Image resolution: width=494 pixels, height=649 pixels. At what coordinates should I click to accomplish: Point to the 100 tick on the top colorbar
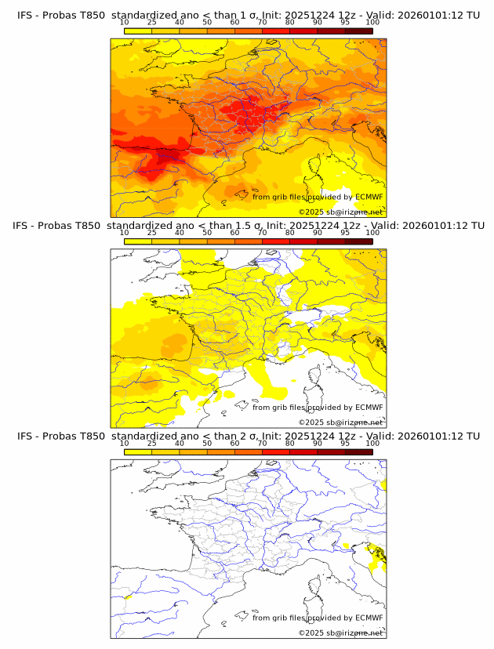[x=372, y=22]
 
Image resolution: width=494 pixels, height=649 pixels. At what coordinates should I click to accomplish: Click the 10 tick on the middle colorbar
[x=124, y=233]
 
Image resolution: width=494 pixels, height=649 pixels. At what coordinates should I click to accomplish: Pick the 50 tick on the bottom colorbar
[x=207, y=443]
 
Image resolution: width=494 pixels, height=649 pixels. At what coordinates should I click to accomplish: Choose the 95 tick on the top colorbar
[x=345, y=22]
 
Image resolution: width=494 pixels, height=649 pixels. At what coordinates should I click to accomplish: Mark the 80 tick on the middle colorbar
[x=290, y=233]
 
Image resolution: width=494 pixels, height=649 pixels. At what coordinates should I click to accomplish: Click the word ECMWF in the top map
[x=369, y=197]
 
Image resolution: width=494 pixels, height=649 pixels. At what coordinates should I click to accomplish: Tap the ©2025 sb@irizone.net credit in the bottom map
[x=340, y=633]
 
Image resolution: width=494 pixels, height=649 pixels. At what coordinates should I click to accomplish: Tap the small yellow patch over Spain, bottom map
[x=127, y=598]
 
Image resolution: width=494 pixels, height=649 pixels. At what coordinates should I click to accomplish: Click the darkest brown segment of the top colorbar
[x=359, y=31]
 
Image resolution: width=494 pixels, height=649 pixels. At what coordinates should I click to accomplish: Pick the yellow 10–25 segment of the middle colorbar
[x=138, y=241]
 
